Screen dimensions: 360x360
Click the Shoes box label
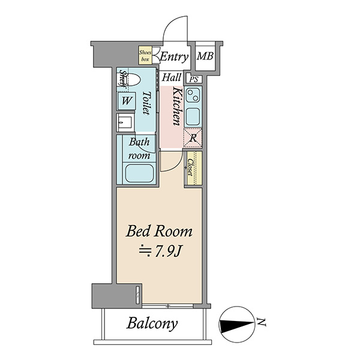145,56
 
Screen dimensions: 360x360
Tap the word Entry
174,57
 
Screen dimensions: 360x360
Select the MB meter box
205,56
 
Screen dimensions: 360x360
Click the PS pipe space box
194,79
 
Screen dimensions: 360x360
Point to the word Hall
172,77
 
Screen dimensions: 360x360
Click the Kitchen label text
177,106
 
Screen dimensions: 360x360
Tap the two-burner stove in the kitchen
193,95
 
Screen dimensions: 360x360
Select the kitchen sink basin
193,116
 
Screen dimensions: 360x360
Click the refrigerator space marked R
193,138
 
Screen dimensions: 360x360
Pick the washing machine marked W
127,101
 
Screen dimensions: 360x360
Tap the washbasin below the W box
125,122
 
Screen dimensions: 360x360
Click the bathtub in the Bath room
139,173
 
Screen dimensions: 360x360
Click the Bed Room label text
159,231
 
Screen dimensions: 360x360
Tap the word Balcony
152,324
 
